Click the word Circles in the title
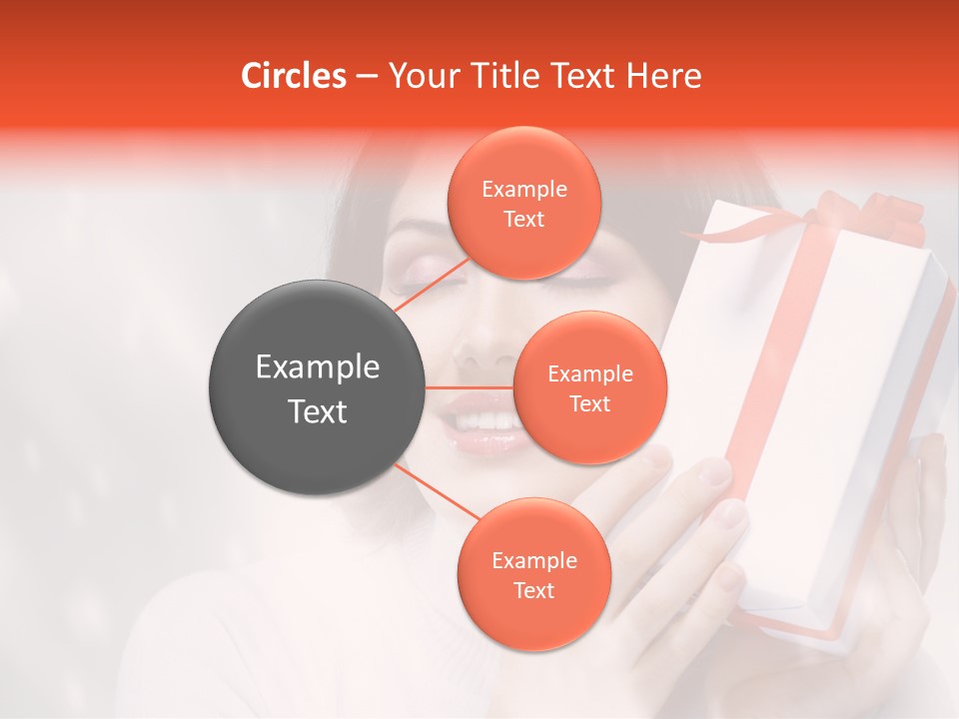pos(293,76)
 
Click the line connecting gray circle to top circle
pos(432,285)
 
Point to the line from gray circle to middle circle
pos(470,387)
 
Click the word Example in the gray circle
pos(318,367)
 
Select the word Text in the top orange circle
pos(523,220)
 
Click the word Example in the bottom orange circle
pos(533,561)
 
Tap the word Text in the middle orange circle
pos(589,404)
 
